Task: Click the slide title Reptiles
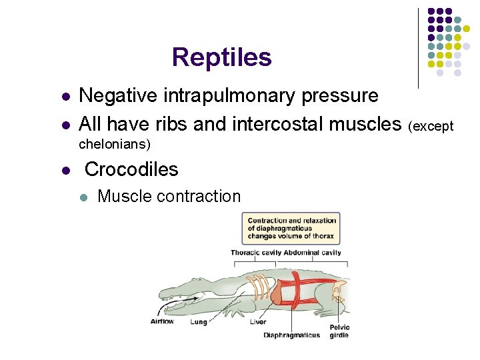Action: (221, 57)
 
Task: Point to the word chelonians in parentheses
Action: (111, 144)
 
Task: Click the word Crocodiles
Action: (131, 169)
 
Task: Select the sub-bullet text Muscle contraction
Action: (169, 197)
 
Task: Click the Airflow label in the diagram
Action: (162, 321)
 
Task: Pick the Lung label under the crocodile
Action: (199, 321)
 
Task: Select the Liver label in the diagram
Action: (258, 321)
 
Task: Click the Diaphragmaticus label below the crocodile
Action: (291, 335)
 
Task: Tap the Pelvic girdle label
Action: (339, 331)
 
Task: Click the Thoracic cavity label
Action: (255, 253)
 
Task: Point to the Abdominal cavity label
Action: (312, 253)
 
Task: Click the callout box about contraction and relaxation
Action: (291, 228)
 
